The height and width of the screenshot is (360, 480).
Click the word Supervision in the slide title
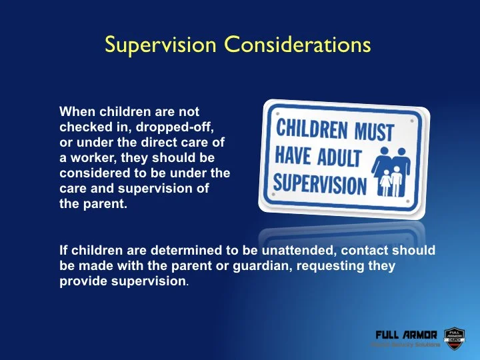pos(161,45)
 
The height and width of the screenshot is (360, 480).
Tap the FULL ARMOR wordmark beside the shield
pos(406,335)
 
